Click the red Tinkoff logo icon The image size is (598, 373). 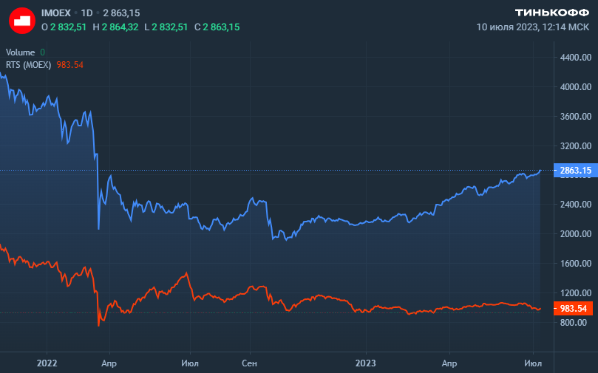point(22,20)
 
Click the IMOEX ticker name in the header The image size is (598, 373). point(56,13)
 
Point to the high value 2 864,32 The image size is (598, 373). point(119,27)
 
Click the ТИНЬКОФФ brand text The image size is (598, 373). point(551,13)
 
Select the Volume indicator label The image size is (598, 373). point(20,52)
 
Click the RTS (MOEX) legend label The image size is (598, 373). point(28,64)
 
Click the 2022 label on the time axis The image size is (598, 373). point(47,363)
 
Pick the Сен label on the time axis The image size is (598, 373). point(250,363)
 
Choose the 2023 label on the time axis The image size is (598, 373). point(367,363)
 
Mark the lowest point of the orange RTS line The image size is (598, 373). point(99,325)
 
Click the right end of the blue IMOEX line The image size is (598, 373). point(540,171)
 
